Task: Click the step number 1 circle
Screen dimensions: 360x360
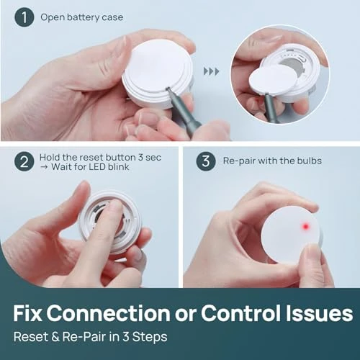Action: coord(24,17)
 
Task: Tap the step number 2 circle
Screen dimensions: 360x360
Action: coord(24,161)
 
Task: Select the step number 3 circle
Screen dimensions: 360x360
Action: coord(206,161)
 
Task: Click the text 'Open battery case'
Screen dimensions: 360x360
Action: coord(81,17)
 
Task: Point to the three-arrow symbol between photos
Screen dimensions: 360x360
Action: coord(211,71)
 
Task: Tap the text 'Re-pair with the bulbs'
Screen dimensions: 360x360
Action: coord(271,161)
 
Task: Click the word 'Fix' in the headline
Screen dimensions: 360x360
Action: coord(32,313)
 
